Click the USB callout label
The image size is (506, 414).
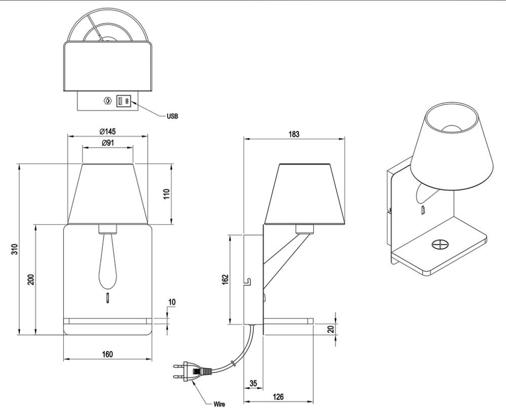(x=172, y=116)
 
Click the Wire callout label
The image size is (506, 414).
(x=220, y=404)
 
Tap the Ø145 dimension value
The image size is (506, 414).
(x=107, y=131)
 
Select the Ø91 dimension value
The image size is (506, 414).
(x=108, y=143)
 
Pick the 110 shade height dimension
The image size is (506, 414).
(x=166, y=194)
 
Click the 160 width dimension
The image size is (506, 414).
(x=107, y=354)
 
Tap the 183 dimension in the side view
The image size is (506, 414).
(x=293, y=134)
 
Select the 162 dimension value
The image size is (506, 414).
(x=225, y=279)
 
